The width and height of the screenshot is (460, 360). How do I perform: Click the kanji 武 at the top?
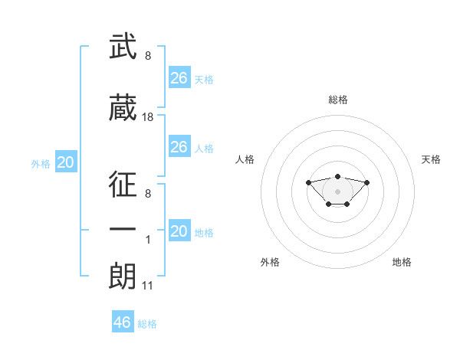pos(123,46)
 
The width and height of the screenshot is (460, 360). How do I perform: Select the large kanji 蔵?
pos(123,107)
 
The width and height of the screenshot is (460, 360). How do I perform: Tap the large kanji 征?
pos(123,184)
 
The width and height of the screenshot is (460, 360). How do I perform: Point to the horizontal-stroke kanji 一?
pos(123,230)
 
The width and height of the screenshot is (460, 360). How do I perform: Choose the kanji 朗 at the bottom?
pos(123,276)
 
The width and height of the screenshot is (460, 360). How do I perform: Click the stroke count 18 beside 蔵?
pos(147,117)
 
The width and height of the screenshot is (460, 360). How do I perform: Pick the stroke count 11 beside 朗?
pos(147,286)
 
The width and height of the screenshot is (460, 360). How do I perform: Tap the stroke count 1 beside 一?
pos(148,240)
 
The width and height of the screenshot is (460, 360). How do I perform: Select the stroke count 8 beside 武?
pos(148,56)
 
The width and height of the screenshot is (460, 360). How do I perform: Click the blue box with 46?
pos(123,321)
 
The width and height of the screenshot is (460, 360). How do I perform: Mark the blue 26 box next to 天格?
pos(179,77)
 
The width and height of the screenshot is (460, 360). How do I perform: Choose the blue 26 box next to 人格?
pos(179,146)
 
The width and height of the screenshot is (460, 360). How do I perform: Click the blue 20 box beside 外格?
pos(66,162)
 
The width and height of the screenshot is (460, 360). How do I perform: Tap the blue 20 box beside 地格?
pos(179,230)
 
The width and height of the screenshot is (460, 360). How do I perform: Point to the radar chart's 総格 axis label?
pos(338,100)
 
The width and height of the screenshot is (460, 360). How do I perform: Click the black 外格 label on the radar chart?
pos(270,262)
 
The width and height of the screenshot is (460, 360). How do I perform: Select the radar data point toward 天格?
pos(366,182)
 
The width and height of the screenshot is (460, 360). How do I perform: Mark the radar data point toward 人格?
pos(308,182)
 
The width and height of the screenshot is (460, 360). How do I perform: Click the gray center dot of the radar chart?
pos(337,191)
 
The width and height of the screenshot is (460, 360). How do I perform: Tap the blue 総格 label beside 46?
pos(147,324)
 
